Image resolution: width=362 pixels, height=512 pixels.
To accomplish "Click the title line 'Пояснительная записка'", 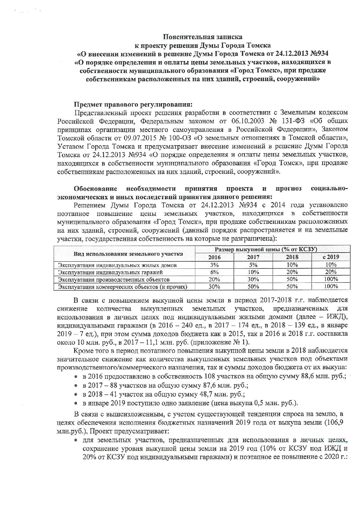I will point(202,37).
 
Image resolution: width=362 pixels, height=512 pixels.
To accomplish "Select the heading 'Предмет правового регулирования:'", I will point(133,104).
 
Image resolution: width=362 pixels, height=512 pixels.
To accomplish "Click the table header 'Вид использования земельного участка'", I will point(128,254).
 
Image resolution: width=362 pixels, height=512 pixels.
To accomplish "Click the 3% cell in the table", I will point(214,265).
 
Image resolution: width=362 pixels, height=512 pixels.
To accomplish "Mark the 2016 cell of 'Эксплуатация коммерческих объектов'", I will point(214,287).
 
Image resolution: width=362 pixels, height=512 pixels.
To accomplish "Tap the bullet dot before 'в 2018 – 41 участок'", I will point(76,395).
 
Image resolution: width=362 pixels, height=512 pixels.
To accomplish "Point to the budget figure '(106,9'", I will point(335,422).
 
